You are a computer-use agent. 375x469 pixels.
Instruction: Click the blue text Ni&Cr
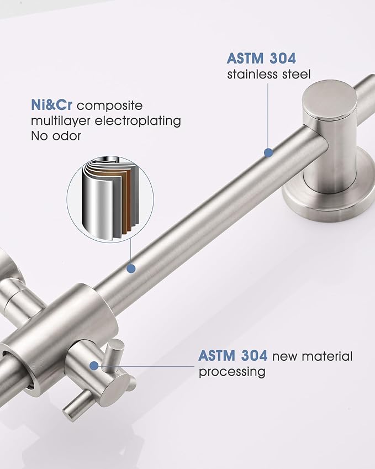point(52,106)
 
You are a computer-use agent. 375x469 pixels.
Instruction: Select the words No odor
point(56,136)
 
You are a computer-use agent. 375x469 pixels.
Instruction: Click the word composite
point(110,106)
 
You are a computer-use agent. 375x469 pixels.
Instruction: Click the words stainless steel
point(269,74)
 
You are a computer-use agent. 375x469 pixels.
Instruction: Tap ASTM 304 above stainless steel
point(261,59)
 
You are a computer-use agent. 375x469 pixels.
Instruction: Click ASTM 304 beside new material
point(233,356)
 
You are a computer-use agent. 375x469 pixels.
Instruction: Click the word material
point(328,356)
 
